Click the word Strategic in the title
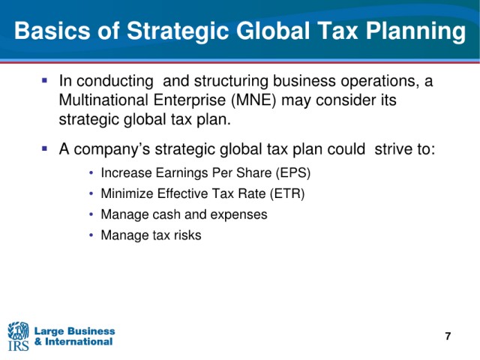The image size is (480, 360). coord(178,31)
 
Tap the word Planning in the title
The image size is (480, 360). coord(416,31)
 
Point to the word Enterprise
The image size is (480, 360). coord(190,100)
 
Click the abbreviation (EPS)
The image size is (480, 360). coord(293,173)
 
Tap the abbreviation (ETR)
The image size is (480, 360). coord(287,193)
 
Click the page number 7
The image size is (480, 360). coord(448,336)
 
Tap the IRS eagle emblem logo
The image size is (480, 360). coord(18,331)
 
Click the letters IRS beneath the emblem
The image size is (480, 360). coord(18,346)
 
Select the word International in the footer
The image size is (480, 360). coord(79,342)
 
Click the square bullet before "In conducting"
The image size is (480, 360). coord(45,81)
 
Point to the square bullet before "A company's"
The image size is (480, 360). coord(45,148)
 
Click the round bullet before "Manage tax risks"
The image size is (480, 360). coord(91,235)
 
